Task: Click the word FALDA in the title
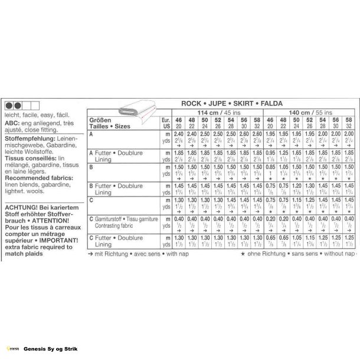[x=270, y=102]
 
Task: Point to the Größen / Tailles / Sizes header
[x=108, y=123]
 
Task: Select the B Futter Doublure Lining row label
[x=112, y=189]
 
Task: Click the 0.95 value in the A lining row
[x=269, y=152]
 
